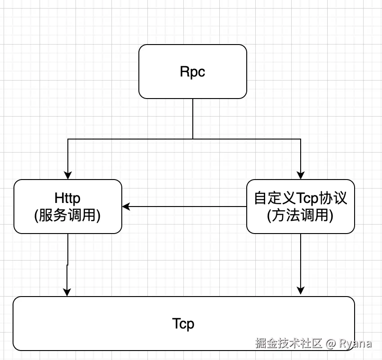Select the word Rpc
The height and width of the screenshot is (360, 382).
pos(192,72)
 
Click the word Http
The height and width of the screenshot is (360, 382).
pos(67,198)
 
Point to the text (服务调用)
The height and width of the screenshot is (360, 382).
pos(67,216)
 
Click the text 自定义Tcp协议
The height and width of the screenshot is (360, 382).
pos(301,198)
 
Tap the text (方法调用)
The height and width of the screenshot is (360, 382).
pos(301,216)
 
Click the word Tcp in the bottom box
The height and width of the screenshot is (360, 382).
pos(183,324)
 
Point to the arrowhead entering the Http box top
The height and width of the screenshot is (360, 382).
pos(68,175)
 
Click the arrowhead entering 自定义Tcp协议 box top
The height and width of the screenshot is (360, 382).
pos(300,175)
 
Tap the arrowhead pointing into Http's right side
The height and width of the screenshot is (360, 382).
pos(126,207)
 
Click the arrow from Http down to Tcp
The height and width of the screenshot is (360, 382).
pos(67,265)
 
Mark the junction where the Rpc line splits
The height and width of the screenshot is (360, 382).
pos(193,139)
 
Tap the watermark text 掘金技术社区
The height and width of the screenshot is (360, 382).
pos(289,343)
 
